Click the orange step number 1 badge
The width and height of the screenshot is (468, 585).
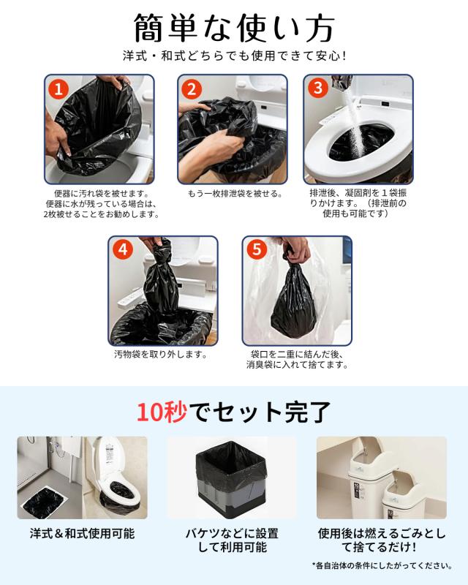pos(58,89)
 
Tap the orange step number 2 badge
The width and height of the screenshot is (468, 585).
pos(192,89)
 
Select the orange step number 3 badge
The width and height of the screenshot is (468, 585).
pos(318,88)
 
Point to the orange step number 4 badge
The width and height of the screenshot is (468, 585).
pos(123,249)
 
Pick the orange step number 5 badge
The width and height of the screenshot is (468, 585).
pos(257,249)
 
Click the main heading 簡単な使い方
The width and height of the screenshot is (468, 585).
pos(233,29)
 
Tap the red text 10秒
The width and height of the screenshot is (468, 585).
pos(162,412)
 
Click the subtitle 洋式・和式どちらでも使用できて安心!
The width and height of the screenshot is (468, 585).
pos(235,56)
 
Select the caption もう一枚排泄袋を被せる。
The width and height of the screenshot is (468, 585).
pos(235,194)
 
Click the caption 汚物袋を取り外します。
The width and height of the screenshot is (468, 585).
pos(160,354)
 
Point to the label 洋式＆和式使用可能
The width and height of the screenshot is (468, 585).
pos(82,534)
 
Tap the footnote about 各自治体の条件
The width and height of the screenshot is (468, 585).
pos(382,565)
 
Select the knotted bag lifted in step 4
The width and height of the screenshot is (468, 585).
pos(161,278)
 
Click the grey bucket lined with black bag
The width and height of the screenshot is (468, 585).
pos(231,480)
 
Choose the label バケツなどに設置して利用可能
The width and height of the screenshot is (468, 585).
pos(232,540)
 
